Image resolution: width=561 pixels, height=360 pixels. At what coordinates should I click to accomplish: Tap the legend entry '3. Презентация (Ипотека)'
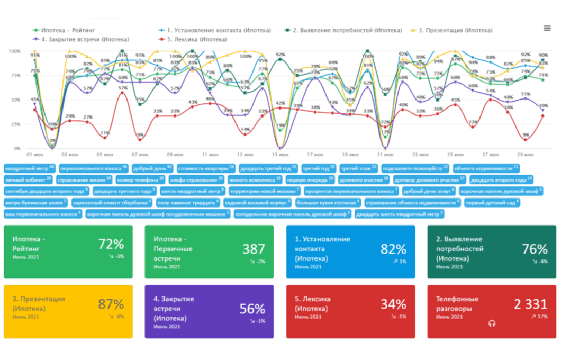pyautogui.click(x=455, y=30)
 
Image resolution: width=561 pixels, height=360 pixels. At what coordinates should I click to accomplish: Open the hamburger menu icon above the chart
pyautogui.click(x=547, y=28)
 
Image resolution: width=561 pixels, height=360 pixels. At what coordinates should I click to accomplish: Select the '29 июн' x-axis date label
pyautogui.click(x=525, y=155)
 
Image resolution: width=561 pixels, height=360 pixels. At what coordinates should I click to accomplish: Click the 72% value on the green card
pyautogui.click(x=111, y=244)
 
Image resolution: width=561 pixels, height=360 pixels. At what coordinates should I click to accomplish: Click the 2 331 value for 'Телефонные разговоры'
pyautogui.click(x=531, y=304)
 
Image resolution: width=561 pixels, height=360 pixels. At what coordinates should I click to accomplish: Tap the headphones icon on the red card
pyautogui.click(x=492, y=323)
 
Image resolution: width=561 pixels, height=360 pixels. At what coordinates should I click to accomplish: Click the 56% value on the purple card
pyautogui.click(x=252, y=308)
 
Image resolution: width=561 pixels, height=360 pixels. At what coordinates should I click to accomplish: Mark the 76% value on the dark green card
pyautogui.click(x=535, y=249)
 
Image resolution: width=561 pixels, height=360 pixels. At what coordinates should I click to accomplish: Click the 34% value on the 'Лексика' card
pyautogui.click(x=393, y=304)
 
